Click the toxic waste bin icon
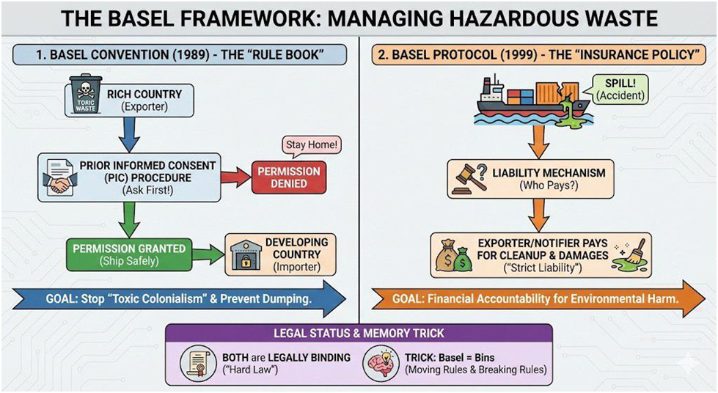[87, 94]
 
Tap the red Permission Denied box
[288, 176]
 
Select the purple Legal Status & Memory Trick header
[359, 333]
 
